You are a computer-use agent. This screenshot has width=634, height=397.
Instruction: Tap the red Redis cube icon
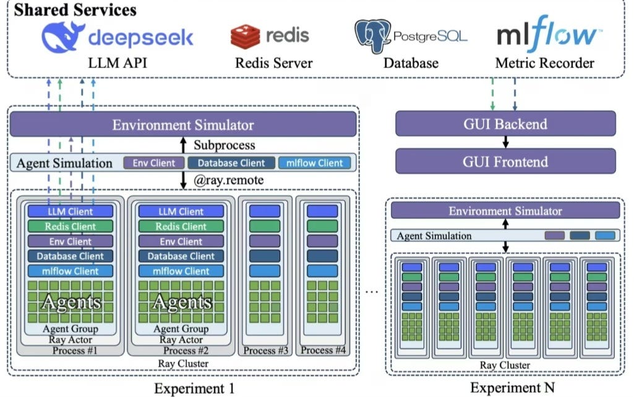(246, 36)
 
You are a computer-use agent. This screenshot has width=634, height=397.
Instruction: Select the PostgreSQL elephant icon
(372, 36)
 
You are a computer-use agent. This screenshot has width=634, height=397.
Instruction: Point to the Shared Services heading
(75, 9)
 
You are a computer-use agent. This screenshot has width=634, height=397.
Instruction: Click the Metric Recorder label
(544, 63)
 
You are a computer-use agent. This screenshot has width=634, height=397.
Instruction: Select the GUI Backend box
(505, 124)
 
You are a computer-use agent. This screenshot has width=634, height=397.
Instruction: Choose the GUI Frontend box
(505, 162)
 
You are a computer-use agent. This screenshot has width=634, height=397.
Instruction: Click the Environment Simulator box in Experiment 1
(183, 125)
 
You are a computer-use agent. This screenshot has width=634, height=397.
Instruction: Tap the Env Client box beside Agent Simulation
(154, 163)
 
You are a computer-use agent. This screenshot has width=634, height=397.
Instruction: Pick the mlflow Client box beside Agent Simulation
(314, 163)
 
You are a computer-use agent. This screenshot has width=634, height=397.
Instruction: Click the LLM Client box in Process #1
(70, 211)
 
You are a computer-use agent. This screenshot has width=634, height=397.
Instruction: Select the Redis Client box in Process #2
(181, 226)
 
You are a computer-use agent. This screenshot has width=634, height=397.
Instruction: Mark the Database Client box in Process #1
(70, 256)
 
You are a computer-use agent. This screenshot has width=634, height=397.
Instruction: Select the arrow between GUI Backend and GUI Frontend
(505, 143)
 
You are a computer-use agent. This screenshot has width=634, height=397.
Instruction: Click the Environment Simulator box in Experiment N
(505, 211)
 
